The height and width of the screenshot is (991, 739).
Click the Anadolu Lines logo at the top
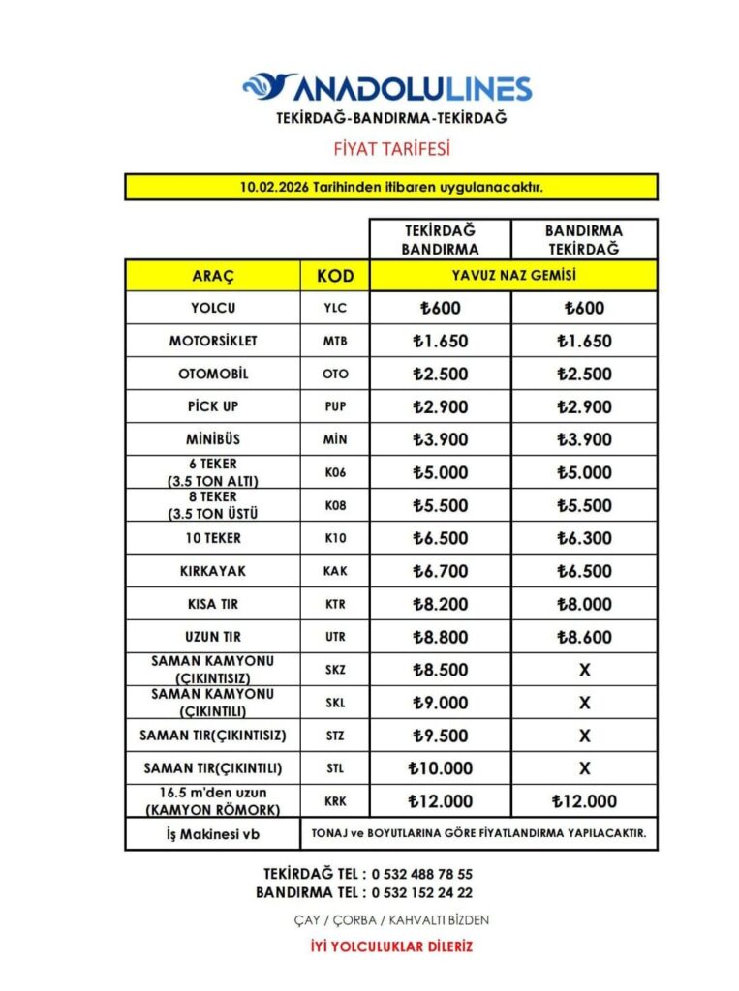point(386,88)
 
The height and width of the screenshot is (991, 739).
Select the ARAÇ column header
point(213,276)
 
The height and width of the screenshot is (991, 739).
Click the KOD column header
point(335,276)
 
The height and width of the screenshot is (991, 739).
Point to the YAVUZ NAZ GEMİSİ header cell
point(513,276)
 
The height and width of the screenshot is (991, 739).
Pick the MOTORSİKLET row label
point(213,341)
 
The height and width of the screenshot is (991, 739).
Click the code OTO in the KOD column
point(335,374)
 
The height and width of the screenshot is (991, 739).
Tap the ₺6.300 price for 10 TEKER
point(584,538)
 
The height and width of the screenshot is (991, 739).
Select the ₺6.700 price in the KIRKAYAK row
point(440,571)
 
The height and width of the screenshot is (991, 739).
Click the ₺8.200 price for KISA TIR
point(440,604)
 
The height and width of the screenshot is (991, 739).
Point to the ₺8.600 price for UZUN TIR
point(584,637)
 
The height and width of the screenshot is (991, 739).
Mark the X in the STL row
point(584,768)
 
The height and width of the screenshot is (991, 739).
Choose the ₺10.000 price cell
point(440,768)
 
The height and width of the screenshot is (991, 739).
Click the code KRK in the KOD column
point(335,801)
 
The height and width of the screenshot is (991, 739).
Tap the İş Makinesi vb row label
point(213,833)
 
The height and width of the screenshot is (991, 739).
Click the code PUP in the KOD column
point(335,406)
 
